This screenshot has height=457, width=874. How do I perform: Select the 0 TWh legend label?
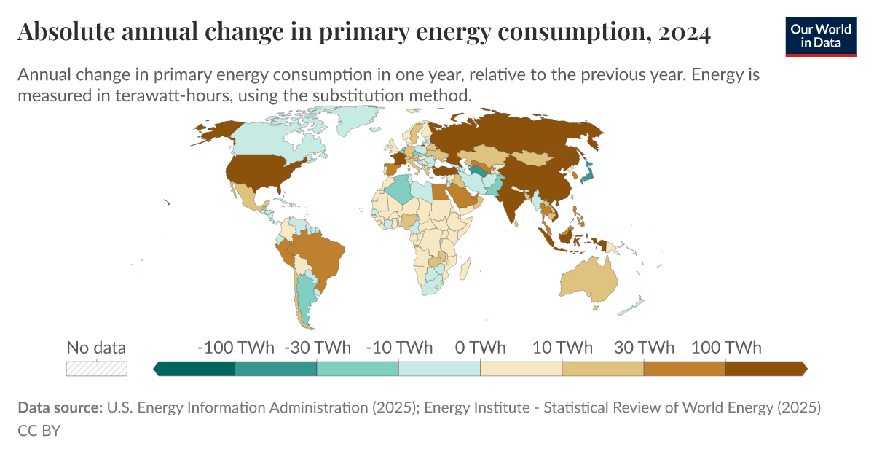tap(480, 347)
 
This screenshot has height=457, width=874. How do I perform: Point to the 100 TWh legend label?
tap(725, 347)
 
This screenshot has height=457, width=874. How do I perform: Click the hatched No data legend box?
tap(97, 369)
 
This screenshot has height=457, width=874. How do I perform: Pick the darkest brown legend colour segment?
tap(765, 369)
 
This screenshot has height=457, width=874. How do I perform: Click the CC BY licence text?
tap(39, 431)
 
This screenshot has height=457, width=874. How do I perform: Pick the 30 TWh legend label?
tap(644, 347)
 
